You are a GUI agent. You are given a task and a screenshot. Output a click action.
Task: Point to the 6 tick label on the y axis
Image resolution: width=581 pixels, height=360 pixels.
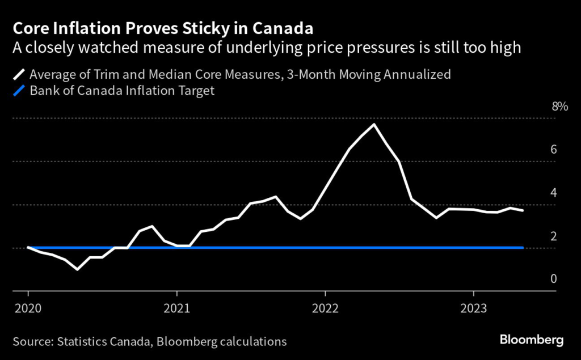point(553,149)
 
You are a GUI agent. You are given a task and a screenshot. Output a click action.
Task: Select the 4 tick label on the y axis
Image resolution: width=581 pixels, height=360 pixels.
point(553,192)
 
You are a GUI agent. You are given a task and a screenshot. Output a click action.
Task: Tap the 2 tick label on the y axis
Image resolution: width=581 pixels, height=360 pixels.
point(553,236)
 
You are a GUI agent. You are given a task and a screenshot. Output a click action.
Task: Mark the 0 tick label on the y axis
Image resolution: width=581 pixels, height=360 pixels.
point(553,279)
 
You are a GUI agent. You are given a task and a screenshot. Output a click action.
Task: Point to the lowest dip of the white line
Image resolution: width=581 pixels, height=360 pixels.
point(78,269)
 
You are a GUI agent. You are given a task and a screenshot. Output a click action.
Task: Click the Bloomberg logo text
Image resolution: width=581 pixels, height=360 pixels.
point(531,340)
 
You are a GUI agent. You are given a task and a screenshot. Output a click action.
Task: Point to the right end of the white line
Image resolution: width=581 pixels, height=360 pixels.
point(523,210)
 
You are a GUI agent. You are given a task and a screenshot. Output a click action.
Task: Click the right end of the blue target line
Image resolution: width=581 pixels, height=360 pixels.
point(523,248)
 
